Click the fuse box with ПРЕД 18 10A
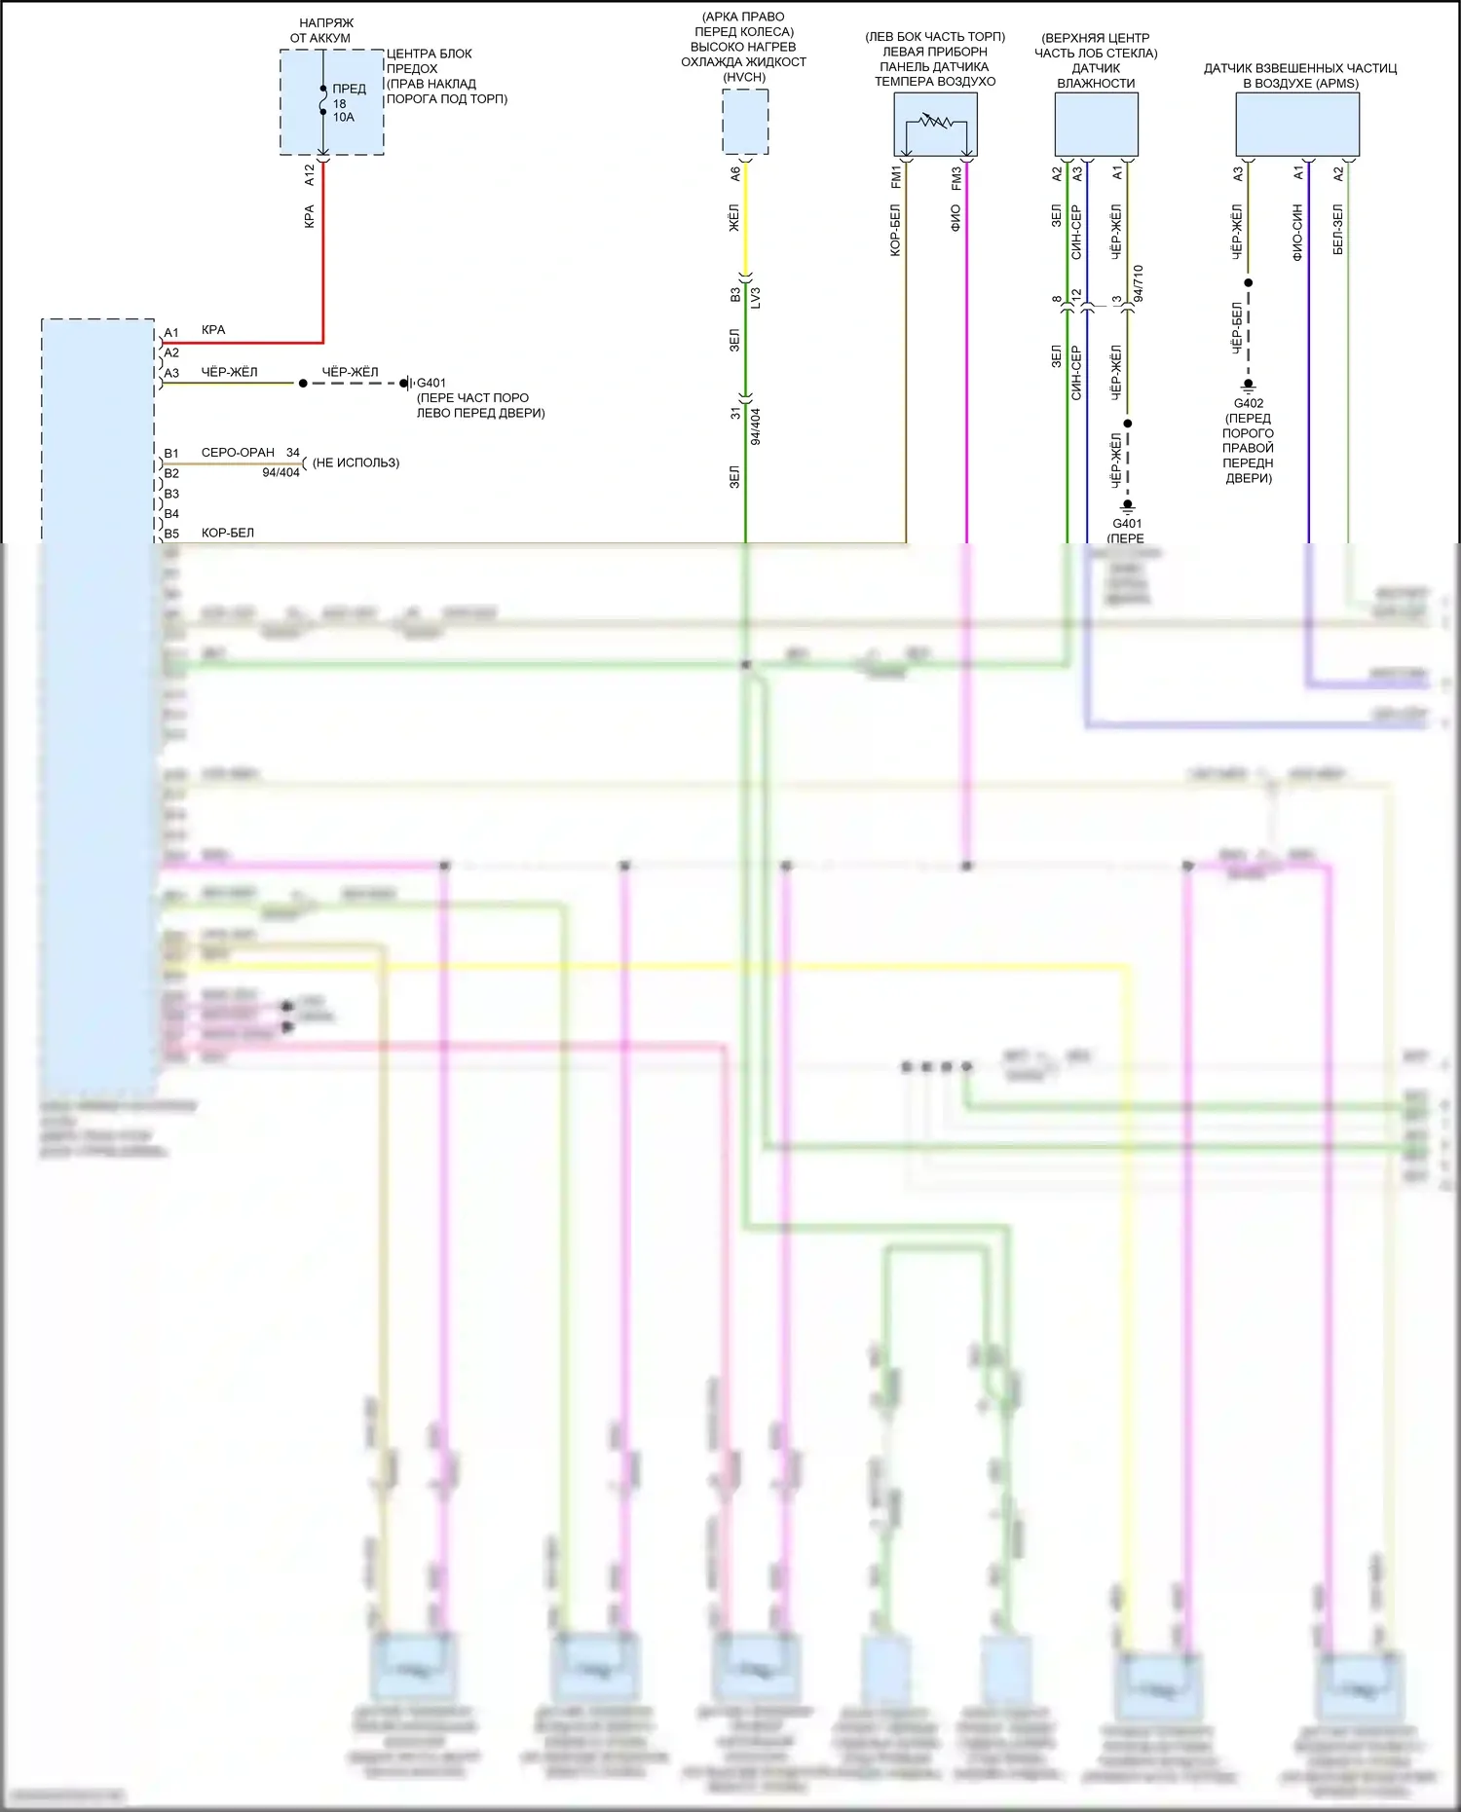click(331, 102)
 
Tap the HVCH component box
click(745, 122)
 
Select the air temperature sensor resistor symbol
click(935, 124)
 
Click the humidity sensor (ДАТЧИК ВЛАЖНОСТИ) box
click(1096, 124)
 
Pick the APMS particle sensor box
click(1296, 124)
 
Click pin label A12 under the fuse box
click(310, 175)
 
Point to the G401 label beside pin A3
click(431, 383)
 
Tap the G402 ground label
click(1248, 403)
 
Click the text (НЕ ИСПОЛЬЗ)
click(356, 462)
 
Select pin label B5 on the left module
click(171, 534)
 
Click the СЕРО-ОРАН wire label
click(238, 453)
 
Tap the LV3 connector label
click(756, 297)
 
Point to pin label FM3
click(955, 177)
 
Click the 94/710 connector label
click(1138, 282)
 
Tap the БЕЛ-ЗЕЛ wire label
click(1338, 230)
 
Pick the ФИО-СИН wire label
click(1297, 232)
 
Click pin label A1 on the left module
click(171, 333)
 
